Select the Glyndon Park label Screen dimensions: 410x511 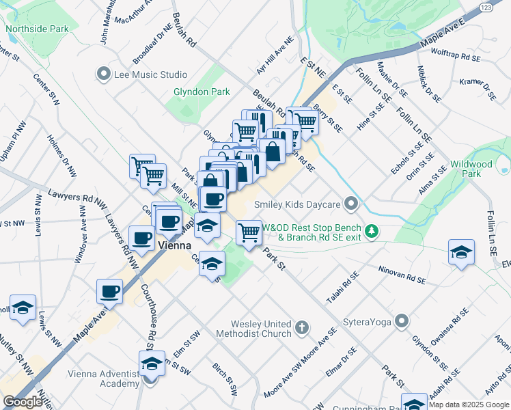click(x=201, y=92)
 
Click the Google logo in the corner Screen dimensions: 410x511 click(x=23, y=402)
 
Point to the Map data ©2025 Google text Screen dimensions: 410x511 click(x=469, y=405)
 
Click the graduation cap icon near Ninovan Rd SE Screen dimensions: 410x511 click(x=461, y=251)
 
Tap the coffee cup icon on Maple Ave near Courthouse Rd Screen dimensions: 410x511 click(x=109, y=291)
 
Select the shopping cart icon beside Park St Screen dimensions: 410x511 click(x=249, y=232)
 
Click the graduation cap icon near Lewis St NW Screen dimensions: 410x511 click(x=23, y=308)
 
